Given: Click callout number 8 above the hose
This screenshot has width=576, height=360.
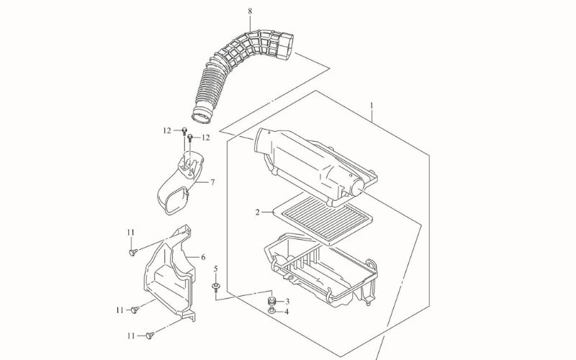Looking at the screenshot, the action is tap(250, 11).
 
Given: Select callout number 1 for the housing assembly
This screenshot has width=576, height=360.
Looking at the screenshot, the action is tap(372, 106).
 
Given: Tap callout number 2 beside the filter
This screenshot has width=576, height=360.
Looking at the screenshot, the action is tap(258, 212).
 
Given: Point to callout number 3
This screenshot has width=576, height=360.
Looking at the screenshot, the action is tap(287, 302).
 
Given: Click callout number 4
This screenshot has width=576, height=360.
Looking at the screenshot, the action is tap(287, 312).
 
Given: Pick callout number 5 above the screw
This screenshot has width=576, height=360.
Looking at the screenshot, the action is tap(215, 269).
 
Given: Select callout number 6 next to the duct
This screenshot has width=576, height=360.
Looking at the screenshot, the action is tap(203, 258).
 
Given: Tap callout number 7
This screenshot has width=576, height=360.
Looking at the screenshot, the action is tap(212, 182).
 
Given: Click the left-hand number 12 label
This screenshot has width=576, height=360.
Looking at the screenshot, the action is tap(167, 130).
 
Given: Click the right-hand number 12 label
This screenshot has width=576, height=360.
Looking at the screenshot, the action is tap(206, 138).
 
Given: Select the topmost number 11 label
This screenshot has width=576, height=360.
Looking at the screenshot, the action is tap(131, 233).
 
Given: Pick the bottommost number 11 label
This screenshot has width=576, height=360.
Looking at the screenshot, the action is tap(131, 336).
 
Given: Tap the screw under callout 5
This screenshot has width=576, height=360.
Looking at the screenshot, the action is tap(215, 287).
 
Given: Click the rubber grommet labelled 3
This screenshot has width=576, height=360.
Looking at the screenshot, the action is tap(272, 301).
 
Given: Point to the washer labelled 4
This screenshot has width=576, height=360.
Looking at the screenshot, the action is tap(271, 312).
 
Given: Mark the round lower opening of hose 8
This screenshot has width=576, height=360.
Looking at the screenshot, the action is tap(202, 116).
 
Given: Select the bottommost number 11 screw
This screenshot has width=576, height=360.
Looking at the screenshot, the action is tap(150, 335).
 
